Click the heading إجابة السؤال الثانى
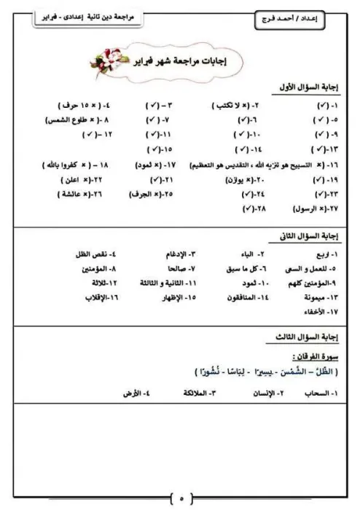pos(302,238)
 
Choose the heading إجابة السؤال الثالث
pos(302,337)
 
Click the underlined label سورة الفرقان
pos(308,358)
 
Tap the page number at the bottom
pos(182,498)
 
